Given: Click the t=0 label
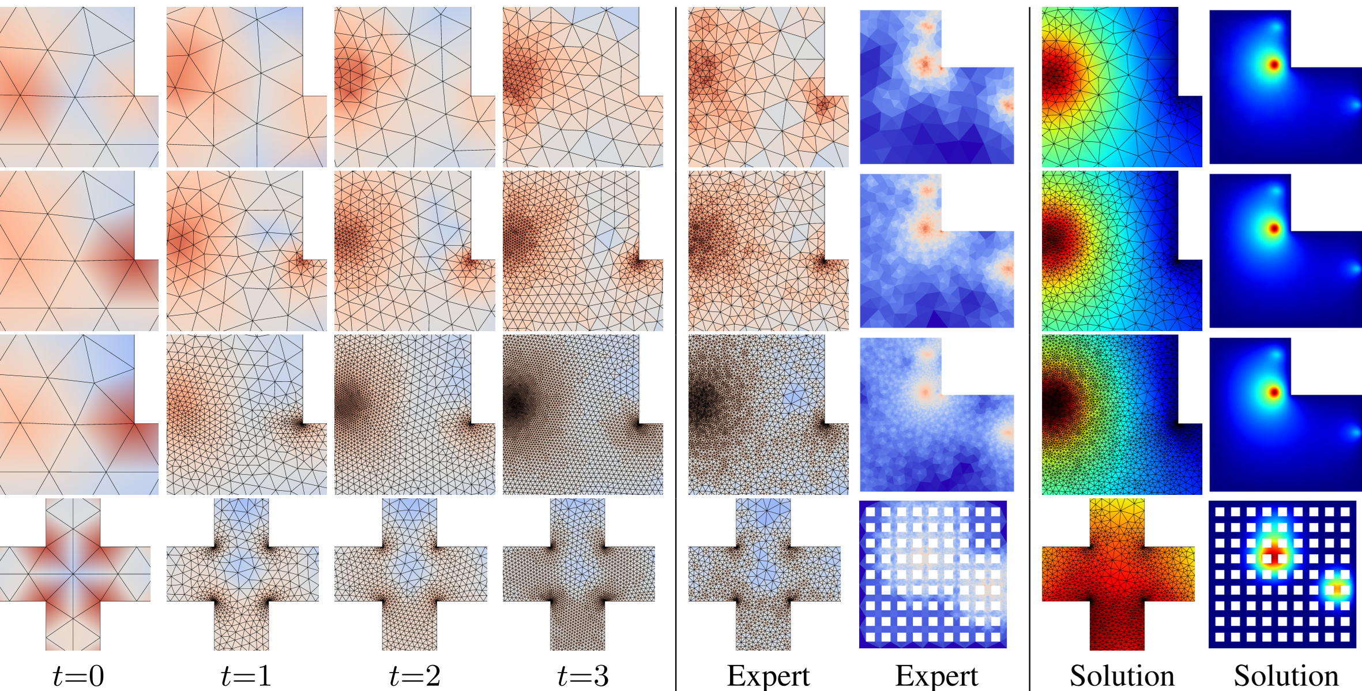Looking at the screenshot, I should [78, 675].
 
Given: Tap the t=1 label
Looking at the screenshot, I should [246, 675].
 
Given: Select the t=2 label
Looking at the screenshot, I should [415, 675].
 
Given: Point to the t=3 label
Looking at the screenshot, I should [583, 675].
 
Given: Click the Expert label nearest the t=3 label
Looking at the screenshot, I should [768, 675].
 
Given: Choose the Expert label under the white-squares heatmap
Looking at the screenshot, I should [936, 675].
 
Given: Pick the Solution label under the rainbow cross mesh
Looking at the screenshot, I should [1122, 675].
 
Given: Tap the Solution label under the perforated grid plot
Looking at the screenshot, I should [1286, 675].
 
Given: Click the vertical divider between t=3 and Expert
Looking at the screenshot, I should [676, 346].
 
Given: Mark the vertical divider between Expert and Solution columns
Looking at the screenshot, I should [1029, 346].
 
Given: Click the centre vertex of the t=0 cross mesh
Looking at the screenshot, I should [73, 574].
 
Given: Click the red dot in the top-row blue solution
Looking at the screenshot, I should [1274, 64].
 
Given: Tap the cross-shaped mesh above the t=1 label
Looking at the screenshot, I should [242, 574].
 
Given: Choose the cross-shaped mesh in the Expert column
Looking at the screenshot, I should [765, 574].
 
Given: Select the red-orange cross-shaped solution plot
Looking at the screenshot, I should [1118, 574].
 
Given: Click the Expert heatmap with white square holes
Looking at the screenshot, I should [933, 574].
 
